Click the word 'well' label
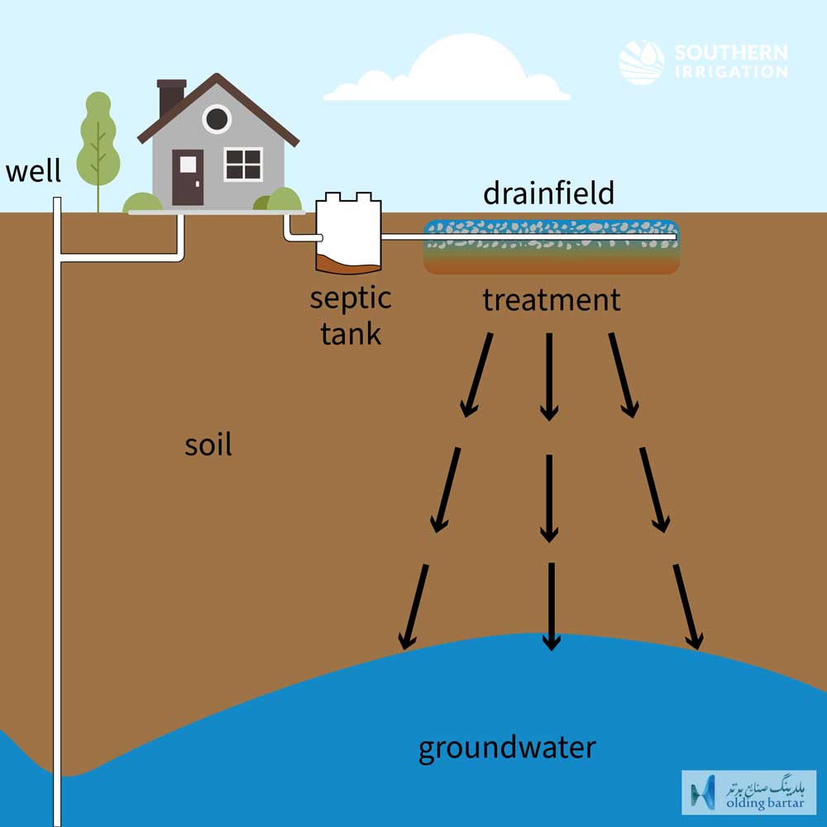(33, 170)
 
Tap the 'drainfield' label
(548, 193)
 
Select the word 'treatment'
(552, 299)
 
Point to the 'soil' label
(208, 444)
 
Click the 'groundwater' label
(507, 748)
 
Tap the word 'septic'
(351, 299)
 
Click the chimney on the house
(171, 98)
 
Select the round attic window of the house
(216, 118)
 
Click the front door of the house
(188, 178)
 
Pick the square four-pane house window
(243, 164)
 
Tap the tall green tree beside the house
(98, 148)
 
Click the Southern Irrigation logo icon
(642, 62)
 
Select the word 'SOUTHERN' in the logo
(732, 52)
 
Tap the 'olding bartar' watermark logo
(749, 793)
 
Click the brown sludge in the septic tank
(347, 265)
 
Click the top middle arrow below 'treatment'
(549, 376)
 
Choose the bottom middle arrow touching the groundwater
(551, 606)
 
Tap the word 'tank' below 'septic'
(351, 333)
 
